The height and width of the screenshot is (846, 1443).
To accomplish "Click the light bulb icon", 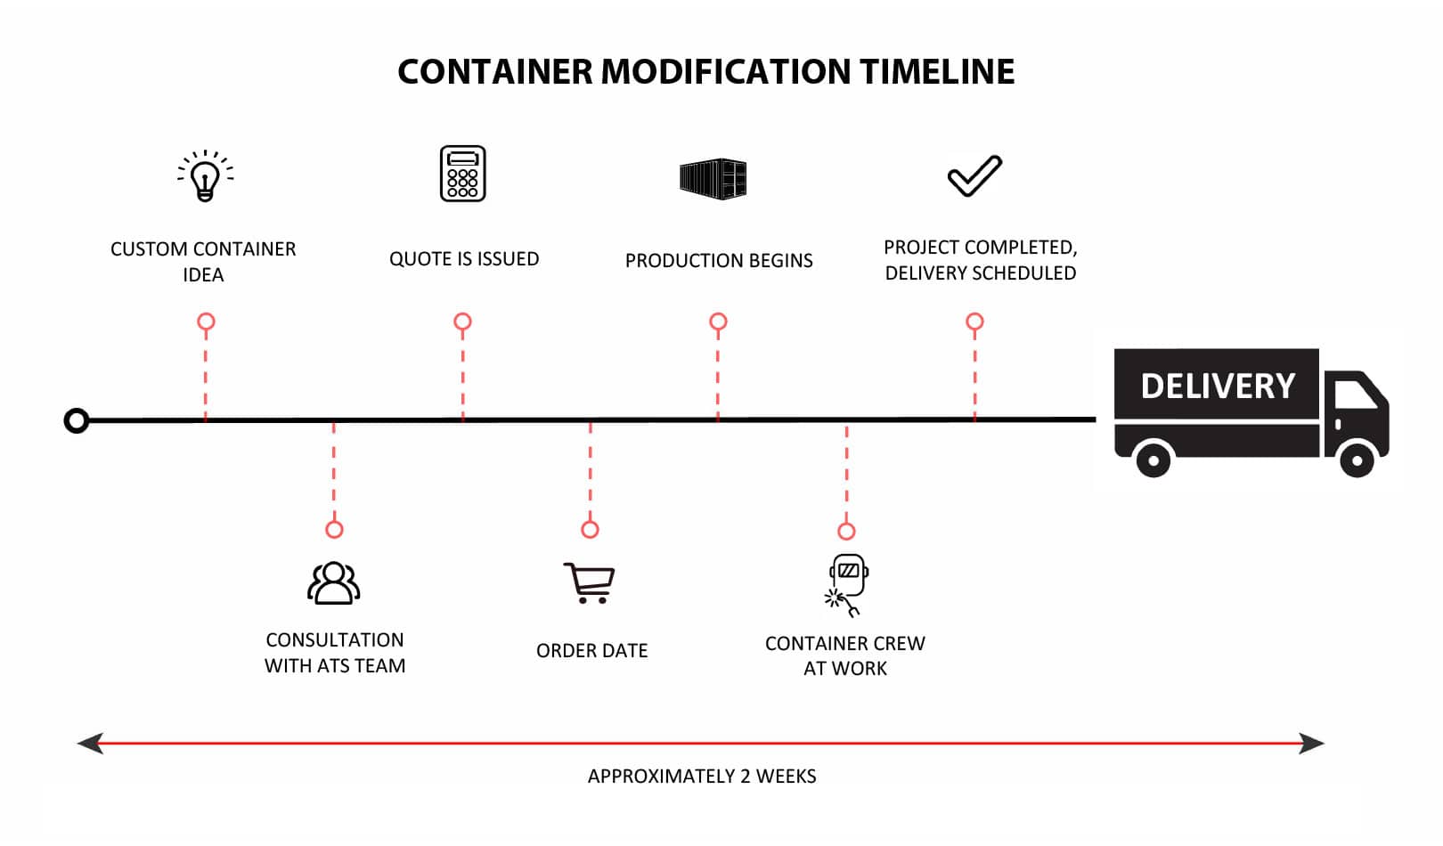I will click(206, 175).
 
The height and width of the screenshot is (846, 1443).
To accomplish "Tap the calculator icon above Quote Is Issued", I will click(462, 174).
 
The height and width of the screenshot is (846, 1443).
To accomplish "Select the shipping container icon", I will click(713, 178).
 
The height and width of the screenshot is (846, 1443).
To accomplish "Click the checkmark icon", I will click(974, 175).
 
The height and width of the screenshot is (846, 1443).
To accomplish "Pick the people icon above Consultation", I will click(334, 583).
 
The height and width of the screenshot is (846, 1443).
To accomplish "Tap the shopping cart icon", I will click(590, 583).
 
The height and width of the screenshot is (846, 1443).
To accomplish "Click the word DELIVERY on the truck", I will click(1217, 386).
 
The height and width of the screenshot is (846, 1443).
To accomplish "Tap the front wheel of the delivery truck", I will click(1357, 460).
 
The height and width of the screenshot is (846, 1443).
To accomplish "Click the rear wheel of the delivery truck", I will click(1154, 460).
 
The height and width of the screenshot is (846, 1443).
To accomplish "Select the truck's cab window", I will click(1355, 394).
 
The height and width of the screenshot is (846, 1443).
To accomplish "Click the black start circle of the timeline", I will click(77, 420).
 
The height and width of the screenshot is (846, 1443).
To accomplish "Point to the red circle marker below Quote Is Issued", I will click(462, 321).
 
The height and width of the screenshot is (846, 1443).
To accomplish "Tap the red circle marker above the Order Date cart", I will click(590, 529).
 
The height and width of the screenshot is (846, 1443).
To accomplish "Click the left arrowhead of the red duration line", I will click(90, 743).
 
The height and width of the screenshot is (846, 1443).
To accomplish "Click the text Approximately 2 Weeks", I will click(702, 777).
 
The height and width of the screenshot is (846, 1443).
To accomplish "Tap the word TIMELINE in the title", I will click(936, 71).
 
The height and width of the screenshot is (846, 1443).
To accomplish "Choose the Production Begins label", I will click(719, 261).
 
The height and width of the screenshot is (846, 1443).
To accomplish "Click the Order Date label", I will click(591, 651).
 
